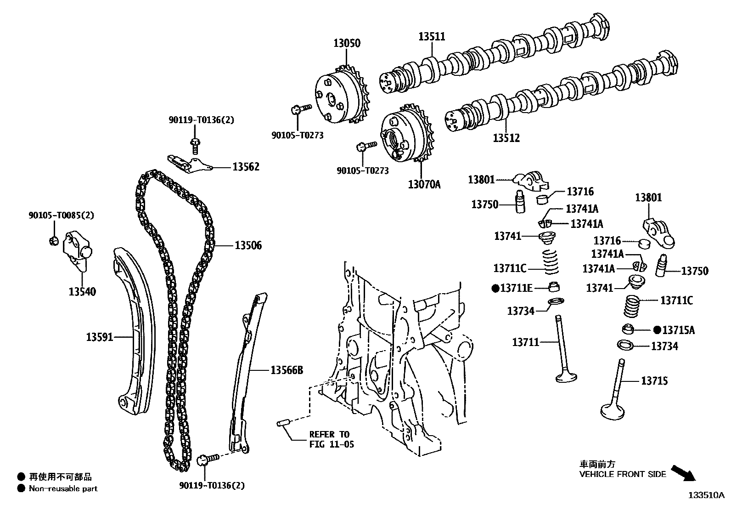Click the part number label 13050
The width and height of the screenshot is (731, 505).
tap(347, 43)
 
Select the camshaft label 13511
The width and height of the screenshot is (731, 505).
tap(432, 36)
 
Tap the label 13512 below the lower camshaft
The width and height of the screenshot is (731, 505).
tap(506, 138)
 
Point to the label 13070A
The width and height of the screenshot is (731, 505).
tap(424, 185)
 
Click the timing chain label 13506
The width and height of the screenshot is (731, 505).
tap(248, 245)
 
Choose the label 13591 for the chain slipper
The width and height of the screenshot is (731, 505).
tap(100, 337)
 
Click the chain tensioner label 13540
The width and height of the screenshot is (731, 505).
tap(82, 291)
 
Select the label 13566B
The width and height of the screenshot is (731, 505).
tap(287, 370)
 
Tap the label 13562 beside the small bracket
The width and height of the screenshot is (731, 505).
tap(246, 167)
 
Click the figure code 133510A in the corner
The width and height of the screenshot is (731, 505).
tap(706, 495)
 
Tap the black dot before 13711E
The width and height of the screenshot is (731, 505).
tap(495, 288)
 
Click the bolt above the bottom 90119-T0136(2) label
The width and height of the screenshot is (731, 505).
tap(205, 459)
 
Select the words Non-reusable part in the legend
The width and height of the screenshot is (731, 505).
tap(63, 488)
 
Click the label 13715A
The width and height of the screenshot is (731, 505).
tap(679, 329)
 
